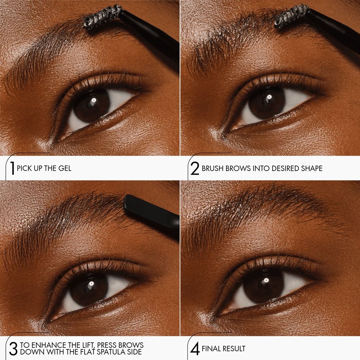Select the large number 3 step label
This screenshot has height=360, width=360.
coord(13,348)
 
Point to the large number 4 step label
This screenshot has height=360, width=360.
coord(194,349)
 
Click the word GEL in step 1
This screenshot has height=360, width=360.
coord(65,168)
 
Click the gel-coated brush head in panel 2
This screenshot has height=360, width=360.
coord(292,17)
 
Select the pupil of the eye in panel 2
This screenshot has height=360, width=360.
coord(266,101)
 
